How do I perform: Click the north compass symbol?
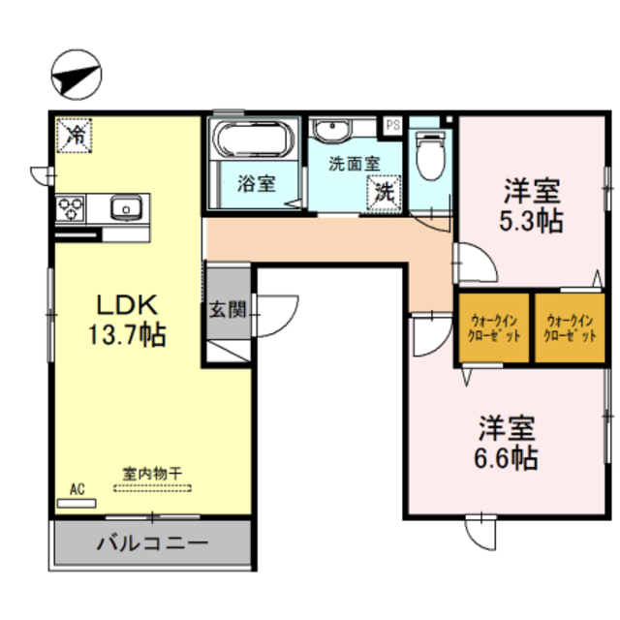pos(77,75)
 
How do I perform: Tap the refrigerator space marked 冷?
pos(75,136)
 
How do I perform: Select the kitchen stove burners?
pos(71,208)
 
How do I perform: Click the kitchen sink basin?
pos(126,207)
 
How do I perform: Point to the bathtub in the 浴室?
pos(253,139)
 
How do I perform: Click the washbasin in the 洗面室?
pos(332,129)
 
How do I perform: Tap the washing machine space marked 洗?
pos(384,193)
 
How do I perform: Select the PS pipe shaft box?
pos(392,125)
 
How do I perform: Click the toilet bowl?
pos(431,156)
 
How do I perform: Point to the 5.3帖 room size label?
pos(531,222)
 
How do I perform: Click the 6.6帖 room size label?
pos(506,458)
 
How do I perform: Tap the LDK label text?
pos(127,305)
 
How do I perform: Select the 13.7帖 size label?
pos(127,335)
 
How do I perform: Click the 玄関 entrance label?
pos(229,310)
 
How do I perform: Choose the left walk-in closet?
pos(494,327)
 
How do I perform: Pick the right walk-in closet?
pos(570,327)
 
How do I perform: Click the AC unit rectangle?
pos(77,504)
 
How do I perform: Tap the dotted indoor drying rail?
pos(153,488)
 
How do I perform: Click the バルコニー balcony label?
pos(153,542)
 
